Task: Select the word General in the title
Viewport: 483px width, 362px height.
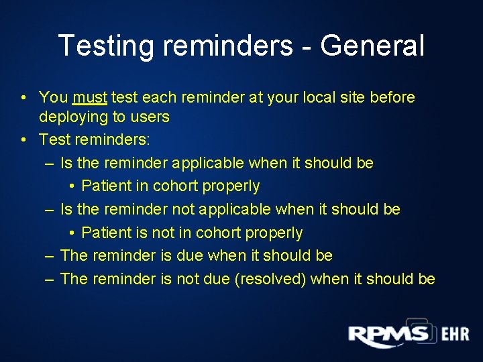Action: [x=372, y=46]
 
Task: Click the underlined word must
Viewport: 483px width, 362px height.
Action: [x=90, y=97]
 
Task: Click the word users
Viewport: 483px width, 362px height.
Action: [x=150, y=117]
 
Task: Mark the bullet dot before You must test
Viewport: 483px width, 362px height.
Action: [x=23, y=98]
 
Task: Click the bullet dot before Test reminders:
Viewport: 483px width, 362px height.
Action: [x=23, y=140]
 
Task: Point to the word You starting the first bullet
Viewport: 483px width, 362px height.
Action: [x=53, y=97]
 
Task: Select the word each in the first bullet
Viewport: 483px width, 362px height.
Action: [x=158, y=97]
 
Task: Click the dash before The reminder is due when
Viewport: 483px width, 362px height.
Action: [x=50, y=256]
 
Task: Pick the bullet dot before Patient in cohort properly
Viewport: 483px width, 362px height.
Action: [x=72, y=186]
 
